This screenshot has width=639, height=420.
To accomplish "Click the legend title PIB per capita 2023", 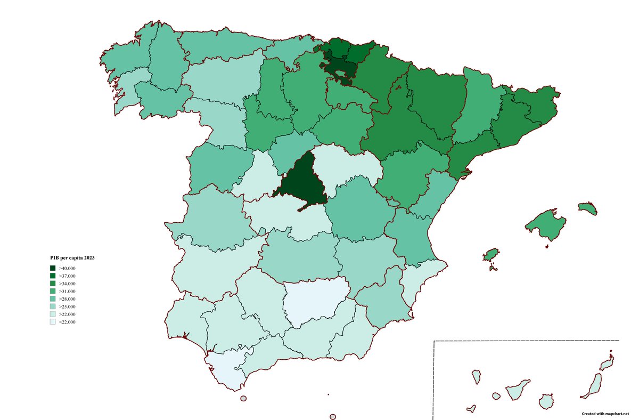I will pos(72,258).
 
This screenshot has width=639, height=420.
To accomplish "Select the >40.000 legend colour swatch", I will pos(53,268).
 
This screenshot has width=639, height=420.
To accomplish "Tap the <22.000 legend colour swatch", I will pos(53,322).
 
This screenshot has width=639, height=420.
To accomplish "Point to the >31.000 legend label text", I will pos(68,291).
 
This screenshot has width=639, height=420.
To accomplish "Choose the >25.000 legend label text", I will pos(68,306).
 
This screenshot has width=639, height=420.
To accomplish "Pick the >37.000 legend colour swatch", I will pos(53,276).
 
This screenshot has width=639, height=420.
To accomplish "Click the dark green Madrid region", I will pos(302,181).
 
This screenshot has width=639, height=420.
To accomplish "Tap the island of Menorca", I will pos(587,208).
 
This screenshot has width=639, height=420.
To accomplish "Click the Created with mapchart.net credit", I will pos(605,414).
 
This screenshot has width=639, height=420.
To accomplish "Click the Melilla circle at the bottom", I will pos(333,417).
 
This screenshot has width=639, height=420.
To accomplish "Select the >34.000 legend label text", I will pos(68,284).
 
